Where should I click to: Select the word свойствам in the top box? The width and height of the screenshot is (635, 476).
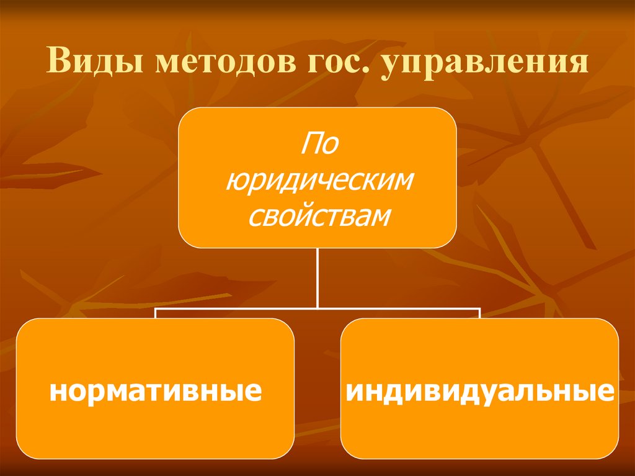click(x=317, y=216)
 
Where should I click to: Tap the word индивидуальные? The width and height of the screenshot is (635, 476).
click(x=479, y=392)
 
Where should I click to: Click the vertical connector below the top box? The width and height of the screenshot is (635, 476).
click(x=317, y=276)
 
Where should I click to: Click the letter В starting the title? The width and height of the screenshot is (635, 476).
click(x=58, y=65)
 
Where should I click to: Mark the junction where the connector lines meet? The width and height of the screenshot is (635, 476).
click(x=317, y=308)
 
